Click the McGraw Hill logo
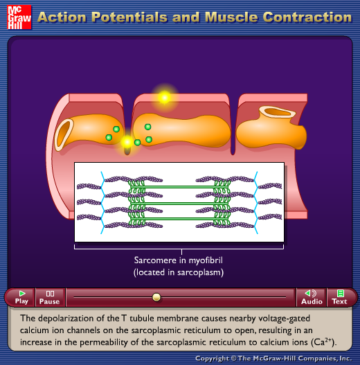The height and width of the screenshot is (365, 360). (19, 17)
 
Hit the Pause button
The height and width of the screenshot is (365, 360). (50, 298)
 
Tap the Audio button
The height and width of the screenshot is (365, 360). (312, 298)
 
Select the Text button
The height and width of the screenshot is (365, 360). (340, 298)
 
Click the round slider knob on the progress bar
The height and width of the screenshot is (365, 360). (156, 297)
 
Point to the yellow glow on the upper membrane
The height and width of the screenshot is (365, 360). (165, 97)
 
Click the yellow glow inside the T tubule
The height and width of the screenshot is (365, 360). (127, 141)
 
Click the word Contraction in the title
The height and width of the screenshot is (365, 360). (307, 17)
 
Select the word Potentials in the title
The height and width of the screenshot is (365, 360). (129, 17)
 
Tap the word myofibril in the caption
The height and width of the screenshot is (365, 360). (206, 260)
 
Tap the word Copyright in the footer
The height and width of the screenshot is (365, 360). (212, 359)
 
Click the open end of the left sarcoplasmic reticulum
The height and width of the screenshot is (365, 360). (64, 134)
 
